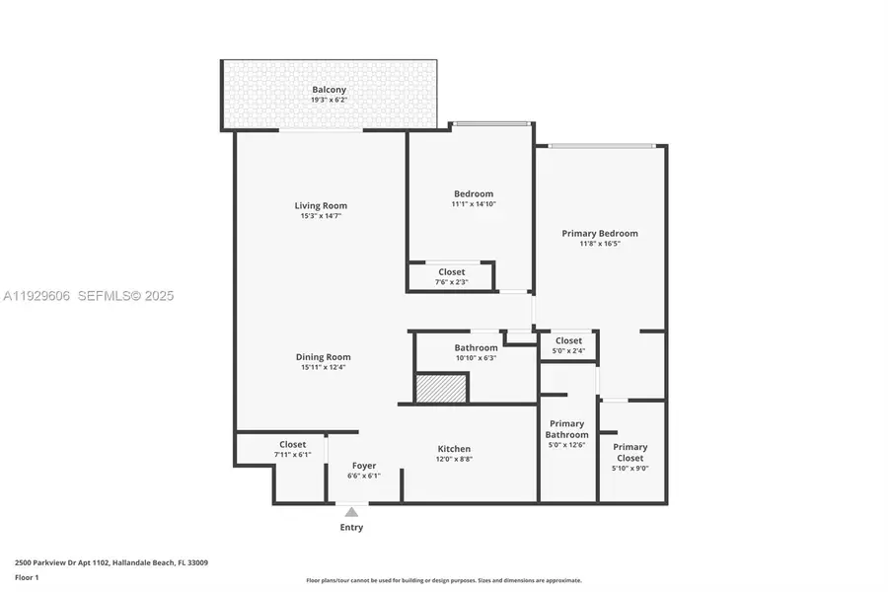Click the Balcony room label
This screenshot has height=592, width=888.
coord(329,89)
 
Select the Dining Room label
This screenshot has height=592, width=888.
coord(324,357)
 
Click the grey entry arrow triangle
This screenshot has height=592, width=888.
coord(351,511)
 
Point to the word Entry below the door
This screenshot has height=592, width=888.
coord(351,528)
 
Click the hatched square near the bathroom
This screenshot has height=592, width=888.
coord(440,388)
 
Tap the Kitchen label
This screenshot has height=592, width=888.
coord(454,449)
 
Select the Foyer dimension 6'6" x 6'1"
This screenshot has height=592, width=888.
coord(364,476)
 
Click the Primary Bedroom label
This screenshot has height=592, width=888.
coord(600,234)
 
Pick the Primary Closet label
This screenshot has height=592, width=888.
coord(630,453)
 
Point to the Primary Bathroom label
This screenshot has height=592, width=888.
coord(567,429)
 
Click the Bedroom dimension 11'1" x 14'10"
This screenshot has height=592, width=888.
coord(474,204)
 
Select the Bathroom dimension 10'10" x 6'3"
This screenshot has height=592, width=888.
coord(476,358)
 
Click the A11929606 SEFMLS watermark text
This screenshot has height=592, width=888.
coord(88,295)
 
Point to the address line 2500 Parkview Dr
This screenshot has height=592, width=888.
coord(111,562)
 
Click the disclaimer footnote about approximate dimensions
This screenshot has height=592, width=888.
coord(444,580)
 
